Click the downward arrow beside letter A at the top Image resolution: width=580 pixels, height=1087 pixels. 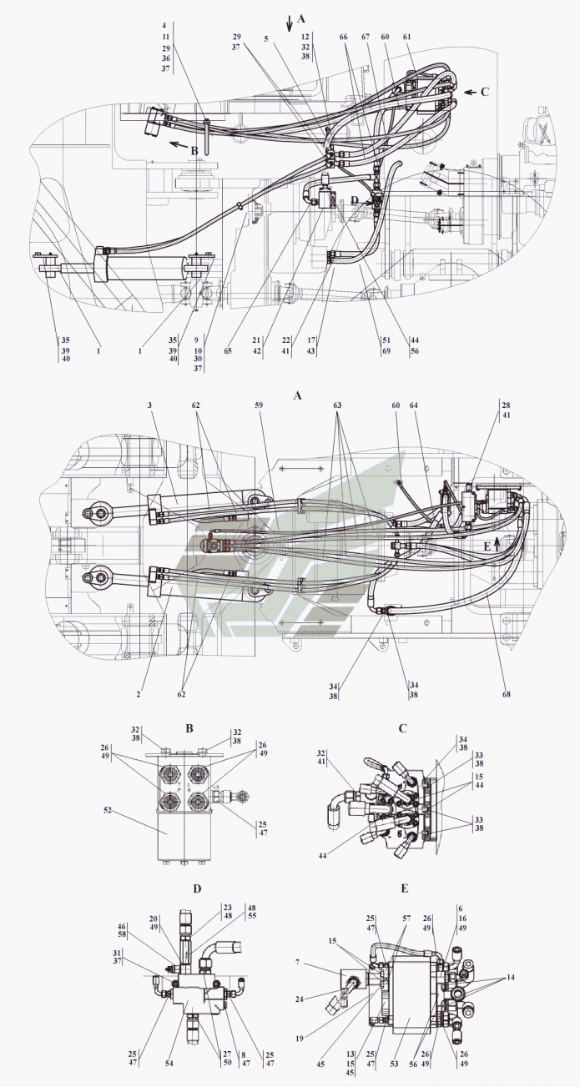click(x=290, y=23)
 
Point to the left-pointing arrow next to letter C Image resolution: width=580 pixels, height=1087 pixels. click(x=471, y=92)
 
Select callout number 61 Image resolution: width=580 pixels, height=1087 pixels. click(x=406, y=38)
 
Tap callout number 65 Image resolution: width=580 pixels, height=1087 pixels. click(x=228, y=350)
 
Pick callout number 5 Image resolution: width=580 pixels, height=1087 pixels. click(x=266, y=39)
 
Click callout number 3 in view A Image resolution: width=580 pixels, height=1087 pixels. click(x=150, y=405)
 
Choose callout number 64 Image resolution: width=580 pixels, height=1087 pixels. click(x=414, y=405)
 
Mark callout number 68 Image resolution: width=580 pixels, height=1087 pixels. click(x=507, y=694)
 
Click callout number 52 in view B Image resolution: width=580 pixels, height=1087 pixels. click(x=108, y=810)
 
